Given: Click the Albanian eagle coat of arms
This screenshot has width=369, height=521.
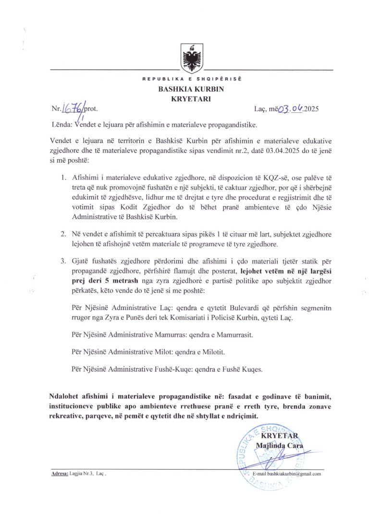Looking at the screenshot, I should (x=191, y=57).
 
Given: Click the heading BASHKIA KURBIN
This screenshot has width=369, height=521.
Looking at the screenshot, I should (x=191, y=89).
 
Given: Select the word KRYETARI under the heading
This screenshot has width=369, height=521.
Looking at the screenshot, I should (x=191, y=99).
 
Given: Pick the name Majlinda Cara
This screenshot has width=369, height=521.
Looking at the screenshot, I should (x=280, y=446).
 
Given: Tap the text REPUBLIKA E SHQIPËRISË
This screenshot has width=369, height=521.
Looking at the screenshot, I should (x=191, y=79).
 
